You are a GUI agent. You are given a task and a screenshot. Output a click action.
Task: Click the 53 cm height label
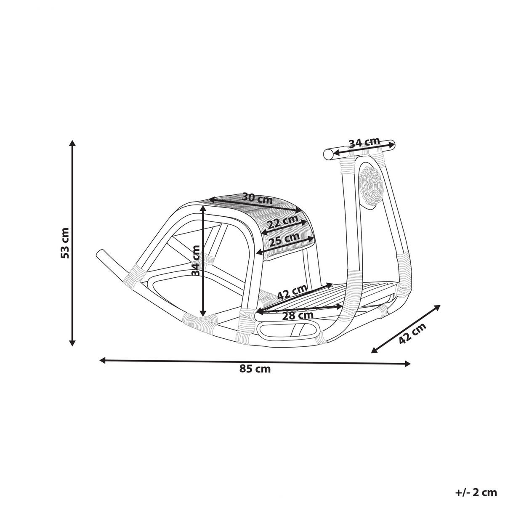[x=65, y=243]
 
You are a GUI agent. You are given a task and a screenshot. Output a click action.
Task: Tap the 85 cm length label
[x=255, y=369]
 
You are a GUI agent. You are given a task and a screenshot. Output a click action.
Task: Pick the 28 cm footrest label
[x=298, y=315]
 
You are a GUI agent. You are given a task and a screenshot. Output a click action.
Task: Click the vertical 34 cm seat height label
[x=196, y=260]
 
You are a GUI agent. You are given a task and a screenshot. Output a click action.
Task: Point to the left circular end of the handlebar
[x=328, y=154]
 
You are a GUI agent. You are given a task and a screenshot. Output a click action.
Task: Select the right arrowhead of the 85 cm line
[x=407, y=364]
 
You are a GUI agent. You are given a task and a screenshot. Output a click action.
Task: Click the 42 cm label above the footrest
[x=292, y=291]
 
